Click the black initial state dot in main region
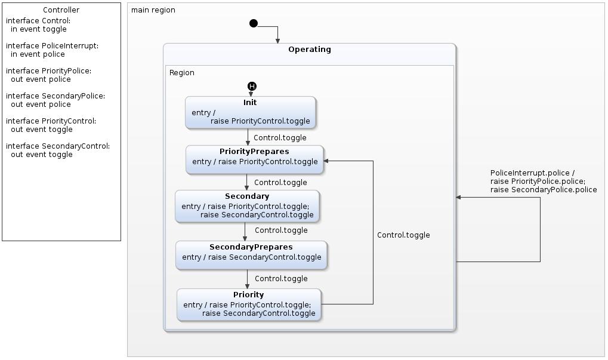pos(254,23)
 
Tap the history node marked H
pos(252,87)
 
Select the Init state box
pos(250,112)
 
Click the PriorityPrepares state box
pos(255,159)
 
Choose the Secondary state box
pos(247,206)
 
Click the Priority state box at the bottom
pos(249,304)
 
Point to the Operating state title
pos(309,50)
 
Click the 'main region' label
pos(153,10)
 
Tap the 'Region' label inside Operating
pos(182,73)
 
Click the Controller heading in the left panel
pos(61,10)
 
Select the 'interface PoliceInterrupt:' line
pos(53,46)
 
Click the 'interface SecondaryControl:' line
pos(58,146)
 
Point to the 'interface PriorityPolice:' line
pos(48,71)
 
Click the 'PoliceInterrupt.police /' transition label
pos(532,173)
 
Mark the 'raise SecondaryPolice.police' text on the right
pos(543,190)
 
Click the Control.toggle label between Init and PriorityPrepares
pos(280,138)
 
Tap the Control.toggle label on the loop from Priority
pos(403,235)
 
